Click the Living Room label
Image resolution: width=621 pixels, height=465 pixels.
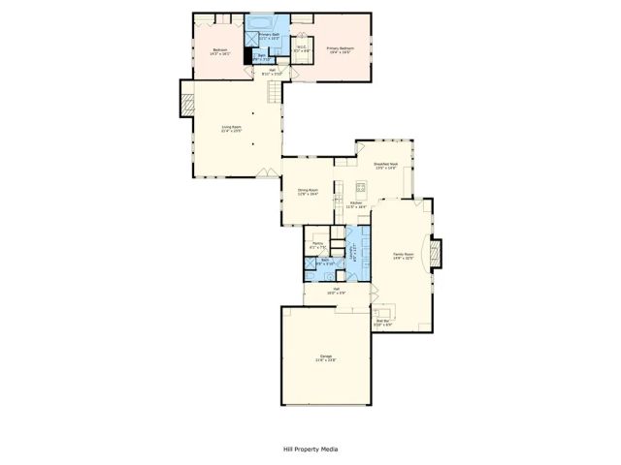[231, 128]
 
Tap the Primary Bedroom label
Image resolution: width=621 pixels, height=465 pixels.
[339, 49]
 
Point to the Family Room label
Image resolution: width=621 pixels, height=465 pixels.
[403, 257]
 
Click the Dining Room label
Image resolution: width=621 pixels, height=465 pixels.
[308, 192]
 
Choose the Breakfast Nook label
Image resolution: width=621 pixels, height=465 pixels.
[387, 166]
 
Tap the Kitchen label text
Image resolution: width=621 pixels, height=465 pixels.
[356, 204]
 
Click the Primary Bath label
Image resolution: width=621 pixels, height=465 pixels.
[268, 37]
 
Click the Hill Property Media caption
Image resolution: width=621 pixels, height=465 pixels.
[310, 449]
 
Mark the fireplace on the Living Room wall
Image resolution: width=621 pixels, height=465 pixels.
[187, 97]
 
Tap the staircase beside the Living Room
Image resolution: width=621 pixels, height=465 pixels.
[274, 92]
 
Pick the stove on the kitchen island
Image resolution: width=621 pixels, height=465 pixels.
[359, 187]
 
